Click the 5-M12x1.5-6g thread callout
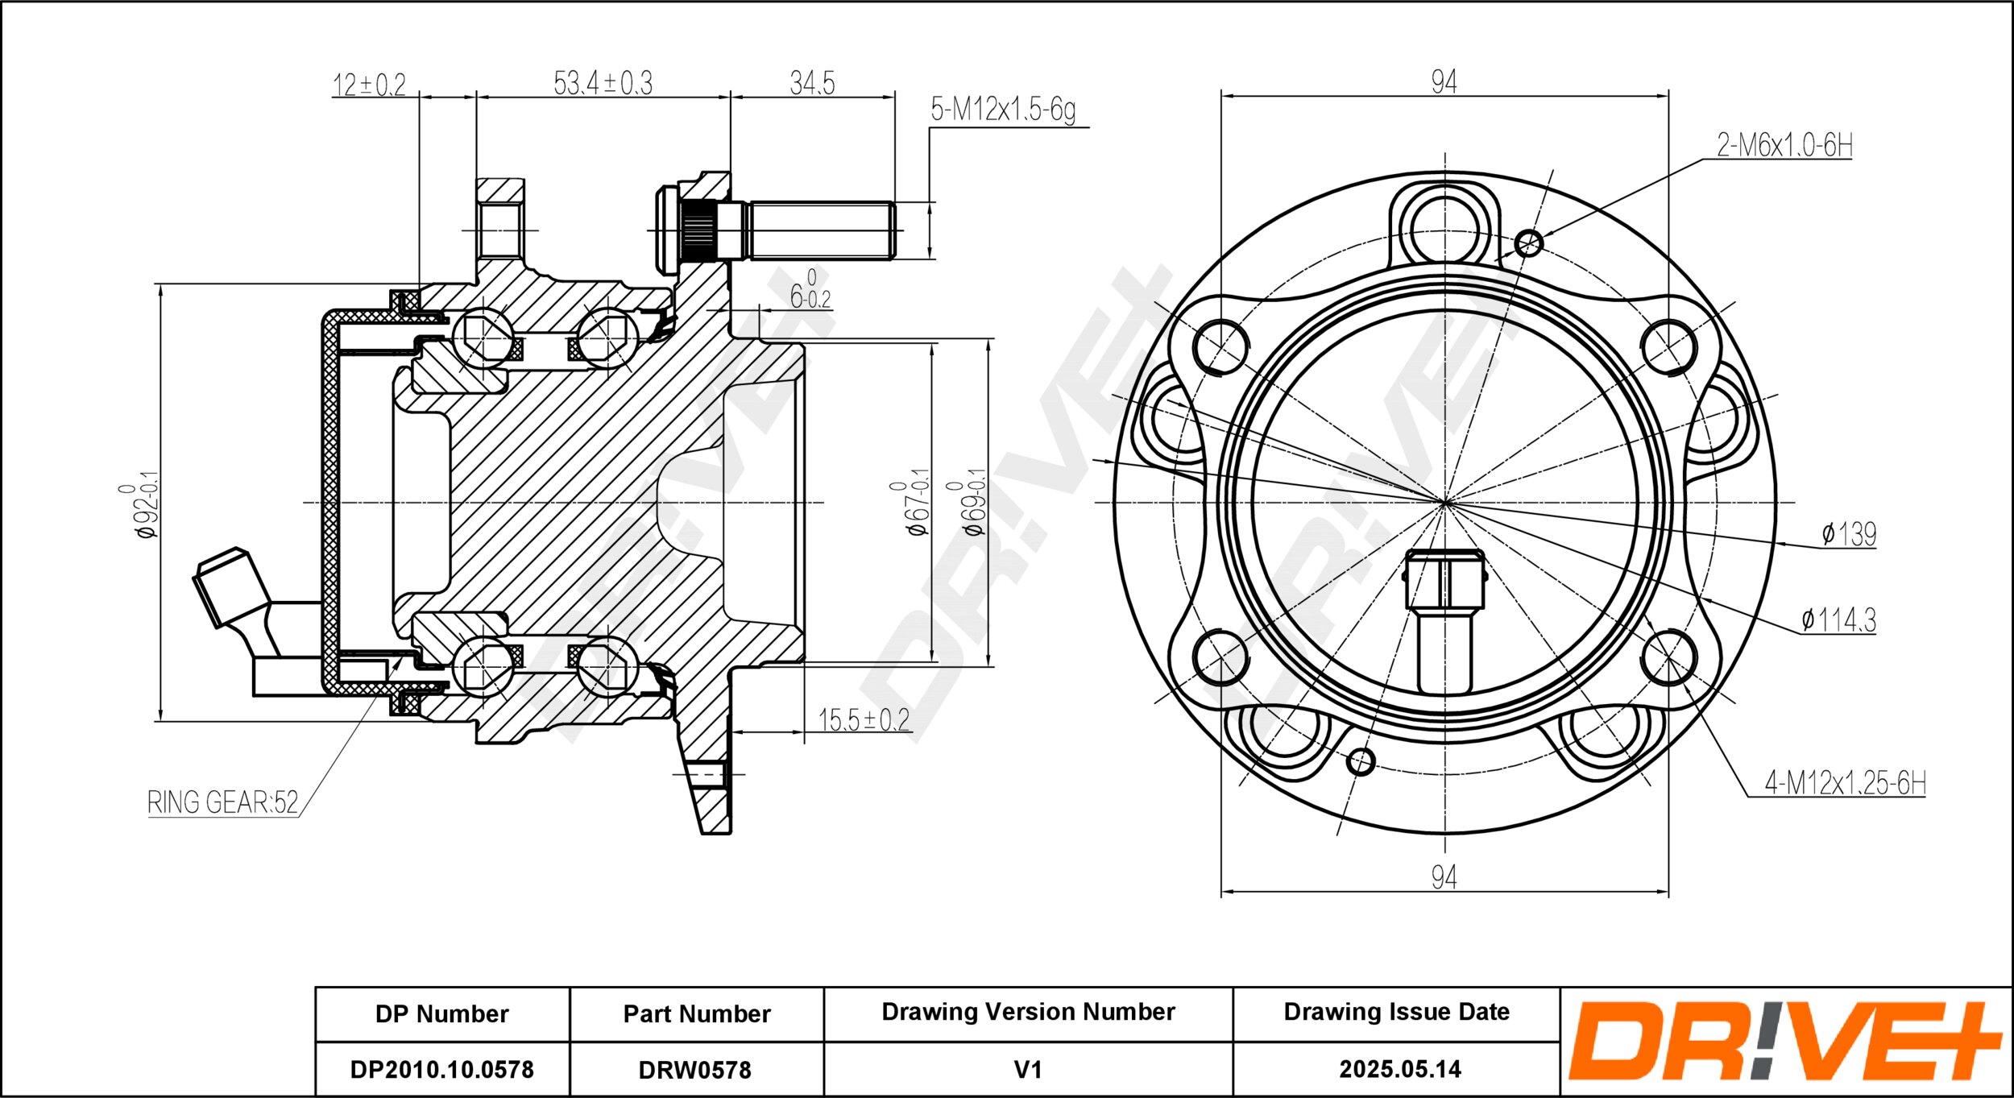(1003, 110)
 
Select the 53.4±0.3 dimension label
(603, 83)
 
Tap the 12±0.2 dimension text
(369, 85)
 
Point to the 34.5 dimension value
(812, 83)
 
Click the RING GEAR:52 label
(222, 802)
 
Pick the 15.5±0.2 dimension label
(864, 719)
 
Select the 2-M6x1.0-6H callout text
(1784, 145)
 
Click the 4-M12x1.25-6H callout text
(1845, 782)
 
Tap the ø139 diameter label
(1849, 533)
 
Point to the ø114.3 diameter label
(1838, 619)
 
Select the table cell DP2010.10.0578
(441, 1070)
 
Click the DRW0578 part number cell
(695, 1070)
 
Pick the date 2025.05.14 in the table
(1400, 1069)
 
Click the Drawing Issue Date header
(1397, 1012)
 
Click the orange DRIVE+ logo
(1785, 1041)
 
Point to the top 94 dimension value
(1444, 81)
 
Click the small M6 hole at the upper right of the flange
(1528, 242)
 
